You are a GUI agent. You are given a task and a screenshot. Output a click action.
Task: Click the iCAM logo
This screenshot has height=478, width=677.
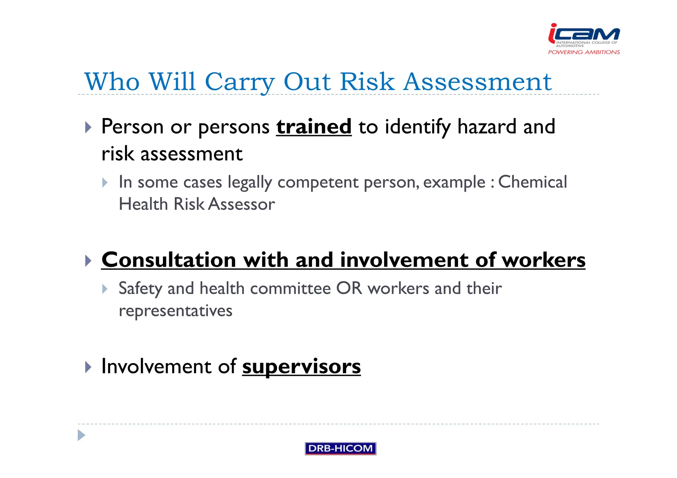click(x=584, y=35)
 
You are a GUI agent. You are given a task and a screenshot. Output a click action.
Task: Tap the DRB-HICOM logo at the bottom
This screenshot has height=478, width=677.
click(x=340, y=448)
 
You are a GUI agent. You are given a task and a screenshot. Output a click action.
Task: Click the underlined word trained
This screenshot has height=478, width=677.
click(x=314, y=127)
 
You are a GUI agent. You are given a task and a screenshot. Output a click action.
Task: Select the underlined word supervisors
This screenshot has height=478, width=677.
click(x=301, y=366)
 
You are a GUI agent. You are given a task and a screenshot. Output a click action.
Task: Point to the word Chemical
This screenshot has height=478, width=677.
click(x=532, y=182)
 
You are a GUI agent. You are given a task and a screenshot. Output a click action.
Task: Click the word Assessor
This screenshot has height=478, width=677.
click(x=242, y=204)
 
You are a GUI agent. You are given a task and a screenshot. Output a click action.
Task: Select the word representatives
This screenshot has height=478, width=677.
click(x=176, y=311)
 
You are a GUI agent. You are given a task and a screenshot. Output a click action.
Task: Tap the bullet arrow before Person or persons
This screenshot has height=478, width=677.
click(x=88, y=127)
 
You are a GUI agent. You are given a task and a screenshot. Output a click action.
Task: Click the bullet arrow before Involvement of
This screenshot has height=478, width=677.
click(x=88, y=367)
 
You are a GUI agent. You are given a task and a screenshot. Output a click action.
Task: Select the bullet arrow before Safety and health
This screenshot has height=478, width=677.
click(x=105, y=289)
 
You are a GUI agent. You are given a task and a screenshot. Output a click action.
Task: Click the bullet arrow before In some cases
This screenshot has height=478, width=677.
click(x=105, y=183)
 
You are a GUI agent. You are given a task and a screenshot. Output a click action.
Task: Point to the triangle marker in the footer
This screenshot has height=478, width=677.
click(x=81, y=435)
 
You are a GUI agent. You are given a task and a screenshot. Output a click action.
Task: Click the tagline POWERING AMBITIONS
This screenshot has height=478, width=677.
click(x=584, y=52)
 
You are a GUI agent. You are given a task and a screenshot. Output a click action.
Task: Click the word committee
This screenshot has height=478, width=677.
click(x=290, y=288)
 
